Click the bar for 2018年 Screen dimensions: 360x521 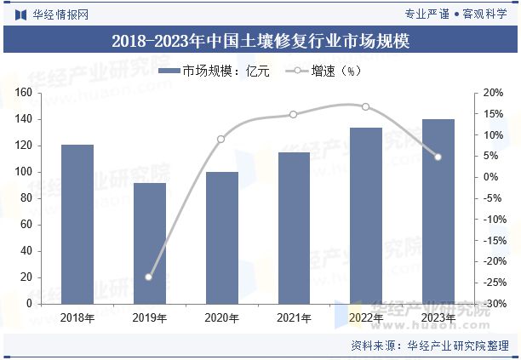pyautogui.click(x=77, y=224)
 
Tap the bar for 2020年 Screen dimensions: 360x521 pyautogui.click(x=221, y=237)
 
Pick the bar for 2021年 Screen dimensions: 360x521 pyautogui.click(x=294, y=227)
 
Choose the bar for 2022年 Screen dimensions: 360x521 pyautogui.click(x=366, y=215)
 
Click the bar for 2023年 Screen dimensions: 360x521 pyautogui.click(x=438, y=211)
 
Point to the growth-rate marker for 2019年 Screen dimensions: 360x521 pyautogui.click(x=149, y=277)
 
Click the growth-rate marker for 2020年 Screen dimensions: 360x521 pyautogui.click(x=221, y=139)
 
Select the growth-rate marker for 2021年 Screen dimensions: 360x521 pyautogui.click(x=294, y=114)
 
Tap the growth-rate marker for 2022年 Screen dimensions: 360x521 pyautogui.click(x=366, y=106)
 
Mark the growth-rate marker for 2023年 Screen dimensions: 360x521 pyautogui.click(x=438, y=157)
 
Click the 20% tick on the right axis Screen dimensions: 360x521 pyautogui.click(x=493, y=93)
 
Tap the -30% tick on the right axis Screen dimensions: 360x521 pyautogui.click(x=491, y=304)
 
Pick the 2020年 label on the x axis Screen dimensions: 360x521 pyautogui.click(x=221, y=318)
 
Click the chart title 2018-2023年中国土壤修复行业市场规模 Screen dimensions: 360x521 pyautogui.click(x=260, y=40)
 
